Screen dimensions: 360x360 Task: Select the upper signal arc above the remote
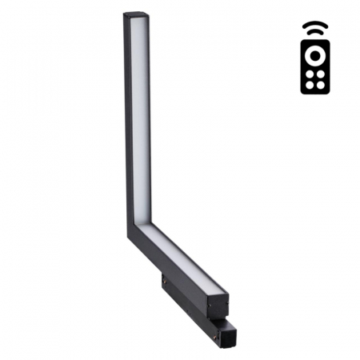click(x=315, y=25)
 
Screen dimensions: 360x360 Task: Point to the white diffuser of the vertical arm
click(x=140, y=120)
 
